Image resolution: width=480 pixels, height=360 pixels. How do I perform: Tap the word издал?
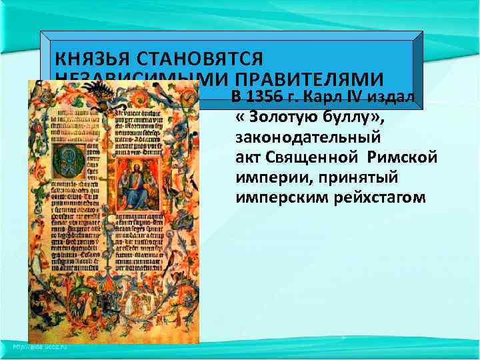click(x=393, y=98)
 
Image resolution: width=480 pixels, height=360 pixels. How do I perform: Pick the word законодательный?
click(x=308, y=139)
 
